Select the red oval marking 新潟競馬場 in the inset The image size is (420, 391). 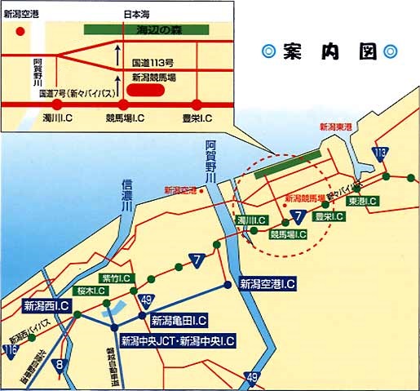coord(150,89)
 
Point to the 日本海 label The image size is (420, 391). coord(136,14)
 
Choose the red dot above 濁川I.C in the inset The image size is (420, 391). coord(57,104)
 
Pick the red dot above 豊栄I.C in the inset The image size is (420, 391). coord(197,104)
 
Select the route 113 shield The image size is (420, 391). coord(381,153)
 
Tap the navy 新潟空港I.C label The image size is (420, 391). coord(267,284)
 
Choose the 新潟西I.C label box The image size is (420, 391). coord(51,307)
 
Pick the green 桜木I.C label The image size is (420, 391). coord(91,291)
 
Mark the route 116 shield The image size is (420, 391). coord(10,351)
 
